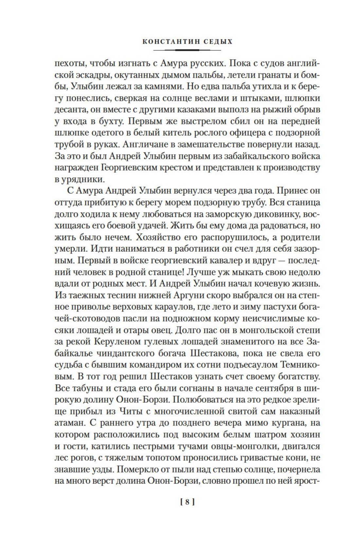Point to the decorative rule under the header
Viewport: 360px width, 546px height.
[187, 50]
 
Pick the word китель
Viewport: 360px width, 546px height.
[186, 133]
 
